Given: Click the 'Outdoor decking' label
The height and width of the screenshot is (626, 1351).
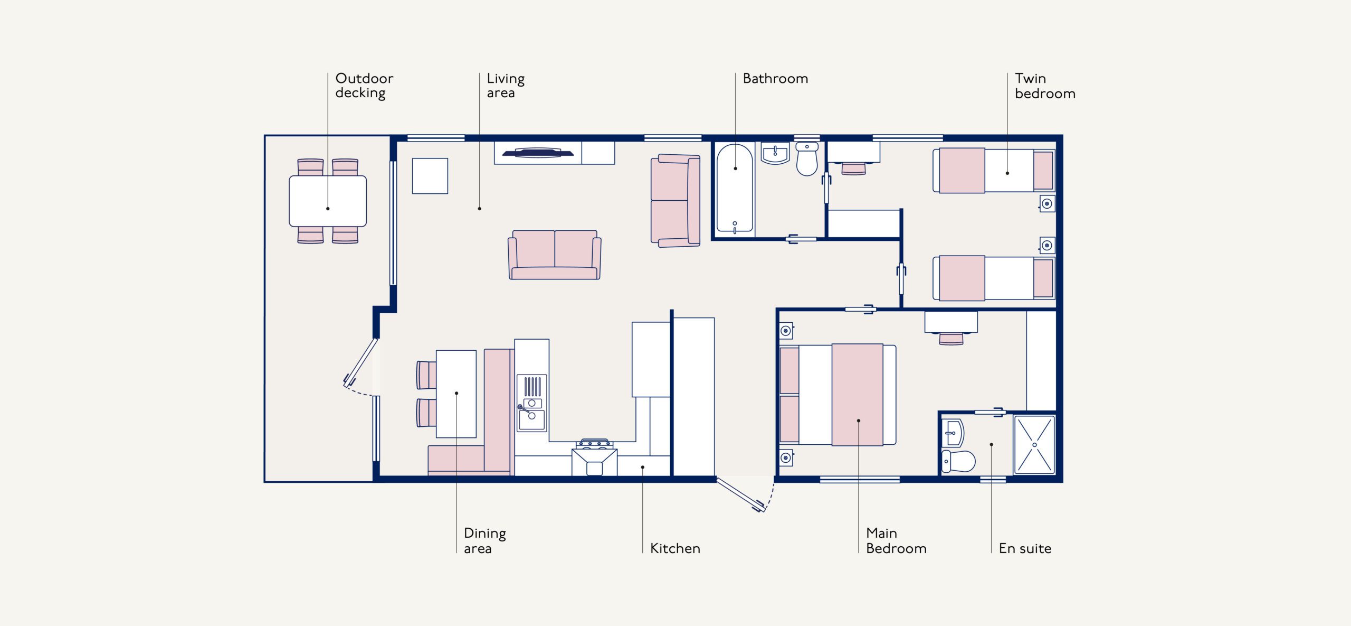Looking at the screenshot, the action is click(364, 86).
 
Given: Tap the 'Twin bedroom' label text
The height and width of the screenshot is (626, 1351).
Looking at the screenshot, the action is click(1045, 86).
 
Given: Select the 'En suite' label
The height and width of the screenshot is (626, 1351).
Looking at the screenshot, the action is click(1025, 548).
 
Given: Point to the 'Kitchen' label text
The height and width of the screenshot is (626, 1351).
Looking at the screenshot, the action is click(675, 548).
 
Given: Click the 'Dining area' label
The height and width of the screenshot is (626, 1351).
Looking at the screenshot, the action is click(484, 541).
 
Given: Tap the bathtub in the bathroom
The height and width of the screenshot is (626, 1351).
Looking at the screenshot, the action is click(735, 188).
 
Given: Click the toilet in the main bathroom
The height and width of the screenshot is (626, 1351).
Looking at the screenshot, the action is click(806, 158).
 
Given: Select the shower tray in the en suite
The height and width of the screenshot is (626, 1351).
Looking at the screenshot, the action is click(1034, 445).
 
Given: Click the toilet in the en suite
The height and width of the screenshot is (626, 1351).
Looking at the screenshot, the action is click(958, 461).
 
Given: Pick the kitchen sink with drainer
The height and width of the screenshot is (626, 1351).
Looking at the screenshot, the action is click(531, 403).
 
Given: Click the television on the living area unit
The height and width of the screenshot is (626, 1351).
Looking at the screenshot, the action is click(537, 153).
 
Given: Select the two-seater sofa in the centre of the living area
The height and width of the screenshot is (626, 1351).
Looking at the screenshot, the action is click(554, 255).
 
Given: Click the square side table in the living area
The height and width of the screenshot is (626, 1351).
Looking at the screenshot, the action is click(430, 176).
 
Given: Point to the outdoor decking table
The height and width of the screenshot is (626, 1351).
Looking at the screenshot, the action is click(328, 201).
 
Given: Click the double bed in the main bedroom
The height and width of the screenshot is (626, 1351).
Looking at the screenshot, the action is click(838, 395).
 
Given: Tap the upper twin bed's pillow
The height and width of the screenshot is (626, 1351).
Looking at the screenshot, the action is click(1043, 170).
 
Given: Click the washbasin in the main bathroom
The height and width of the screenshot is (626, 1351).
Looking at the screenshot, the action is click(775, 153).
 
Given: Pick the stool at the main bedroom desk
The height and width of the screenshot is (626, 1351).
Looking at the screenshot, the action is click(951, 338).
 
